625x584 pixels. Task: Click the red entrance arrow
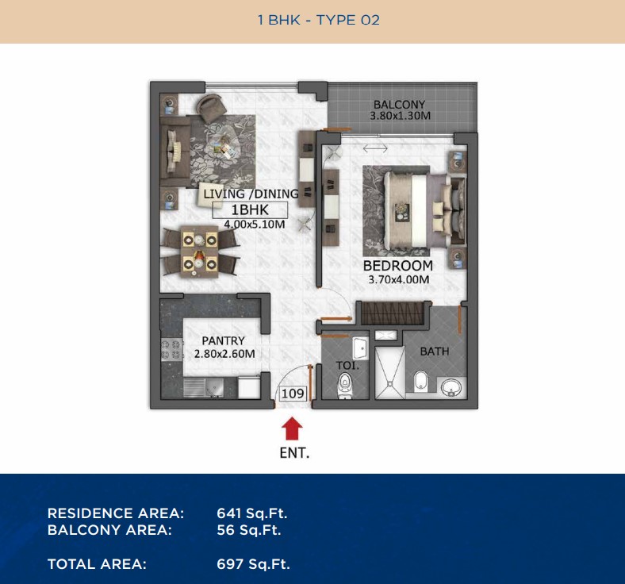pos(292,428)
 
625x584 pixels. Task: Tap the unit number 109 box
pos(293,394)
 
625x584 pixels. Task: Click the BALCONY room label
pos(400,105)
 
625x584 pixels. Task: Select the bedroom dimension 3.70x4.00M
pos(399,279)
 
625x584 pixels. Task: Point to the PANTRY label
pos(223,341)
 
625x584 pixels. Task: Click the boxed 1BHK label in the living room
pos(250,209)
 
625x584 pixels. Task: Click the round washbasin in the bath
pos(451,387)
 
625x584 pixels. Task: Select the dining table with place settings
pos(199,252)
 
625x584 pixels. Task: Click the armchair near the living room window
pos(211,108)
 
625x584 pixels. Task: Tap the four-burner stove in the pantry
pos(171,349)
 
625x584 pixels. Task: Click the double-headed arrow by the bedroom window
pos(375,148)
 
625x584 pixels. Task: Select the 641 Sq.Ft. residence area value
pos(252,513)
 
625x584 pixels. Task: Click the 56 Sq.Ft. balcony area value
pos(249,530)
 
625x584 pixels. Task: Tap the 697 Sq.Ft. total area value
pos(253,564)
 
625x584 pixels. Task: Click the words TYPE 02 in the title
pos(348,20)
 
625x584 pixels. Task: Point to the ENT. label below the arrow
pos(294,453)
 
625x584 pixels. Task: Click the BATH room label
pos(435,352)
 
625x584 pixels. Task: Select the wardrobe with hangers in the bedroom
pos(393,313)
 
